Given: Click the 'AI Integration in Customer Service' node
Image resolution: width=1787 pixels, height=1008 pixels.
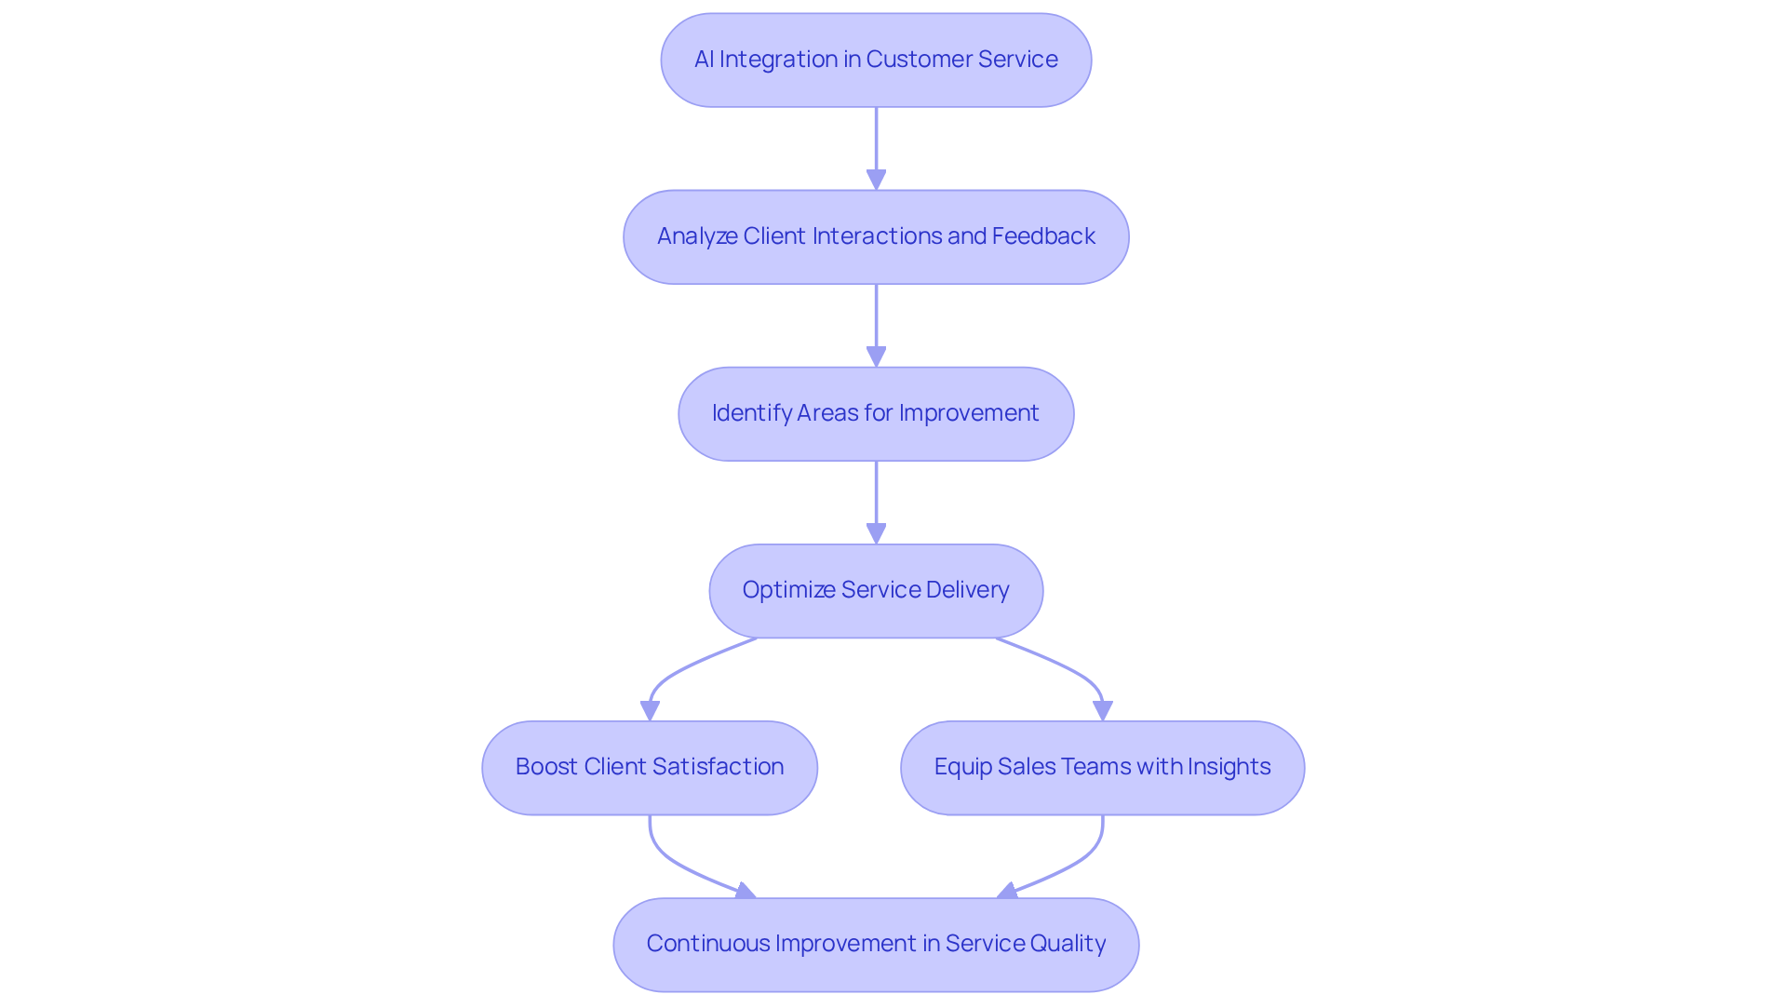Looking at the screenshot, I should tap(876, 60).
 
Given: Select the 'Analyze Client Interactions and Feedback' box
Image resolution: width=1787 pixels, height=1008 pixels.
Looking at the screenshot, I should tap(876, 236).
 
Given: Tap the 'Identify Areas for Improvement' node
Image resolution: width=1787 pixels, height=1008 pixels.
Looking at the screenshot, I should tap(876, 413).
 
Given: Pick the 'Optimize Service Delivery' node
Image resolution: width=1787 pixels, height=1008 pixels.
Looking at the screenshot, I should tap(876, 590).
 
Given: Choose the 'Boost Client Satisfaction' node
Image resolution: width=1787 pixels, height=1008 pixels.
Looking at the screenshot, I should tap(650, 767).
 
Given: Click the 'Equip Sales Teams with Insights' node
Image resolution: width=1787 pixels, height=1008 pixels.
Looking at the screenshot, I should tap(1102, 767).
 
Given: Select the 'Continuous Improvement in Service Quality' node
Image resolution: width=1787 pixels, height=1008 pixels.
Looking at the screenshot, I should tap(876, 944).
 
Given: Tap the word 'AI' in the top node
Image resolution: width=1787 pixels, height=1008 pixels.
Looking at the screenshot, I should tap(704, 60).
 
